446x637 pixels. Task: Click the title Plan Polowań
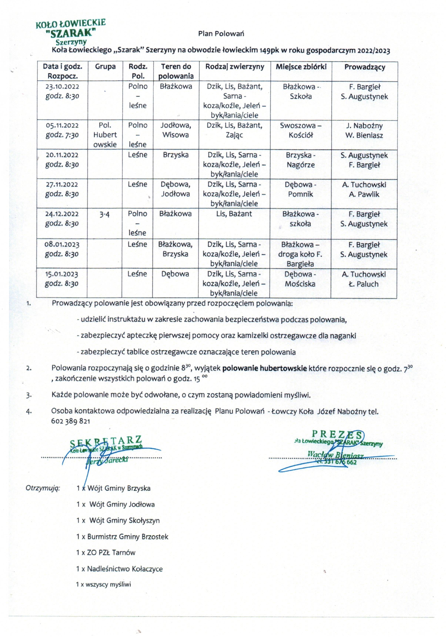221,34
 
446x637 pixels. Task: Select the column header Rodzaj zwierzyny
235,67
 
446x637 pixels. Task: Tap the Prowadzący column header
365,67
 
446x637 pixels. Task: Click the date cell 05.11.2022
62,130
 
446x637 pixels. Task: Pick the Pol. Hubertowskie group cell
105,135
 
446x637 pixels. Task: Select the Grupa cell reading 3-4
104,214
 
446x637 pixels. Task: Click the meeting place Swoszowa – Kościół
301,130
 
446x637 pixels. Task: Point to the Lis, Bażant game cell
234,214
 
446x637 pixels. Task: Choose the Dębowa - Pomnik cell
300,189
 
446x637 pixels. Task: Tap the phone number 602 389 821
71,421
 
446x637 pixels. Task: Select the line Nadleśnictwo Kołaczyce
119,569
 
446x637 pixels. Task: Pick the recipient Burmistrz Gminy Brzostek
122,537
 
